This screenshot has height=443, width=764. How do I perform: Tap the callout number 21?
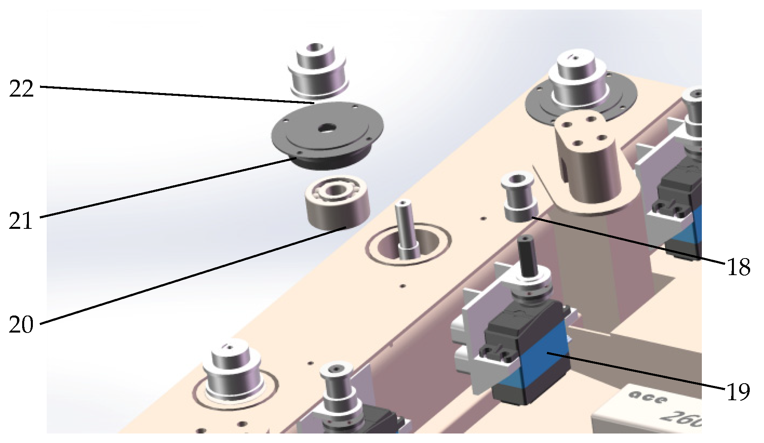(21, 221)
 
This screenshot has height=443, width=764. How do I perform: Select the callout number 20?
(21, 325)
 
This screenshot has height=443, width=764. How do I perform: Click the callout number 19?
(739, 392)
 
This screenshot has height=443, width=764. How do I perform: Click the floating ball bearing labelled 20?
(337, 203)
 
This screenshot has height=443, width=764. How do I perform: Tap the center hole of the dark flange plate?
(327, 127)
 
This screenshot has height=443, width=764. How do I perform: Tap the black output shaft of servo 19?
(528, 257)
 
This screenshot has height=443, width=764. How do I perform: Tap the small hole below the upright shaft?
(403, 285)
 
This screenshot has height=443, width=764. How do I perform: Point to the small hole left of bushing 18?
(483, 218)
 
